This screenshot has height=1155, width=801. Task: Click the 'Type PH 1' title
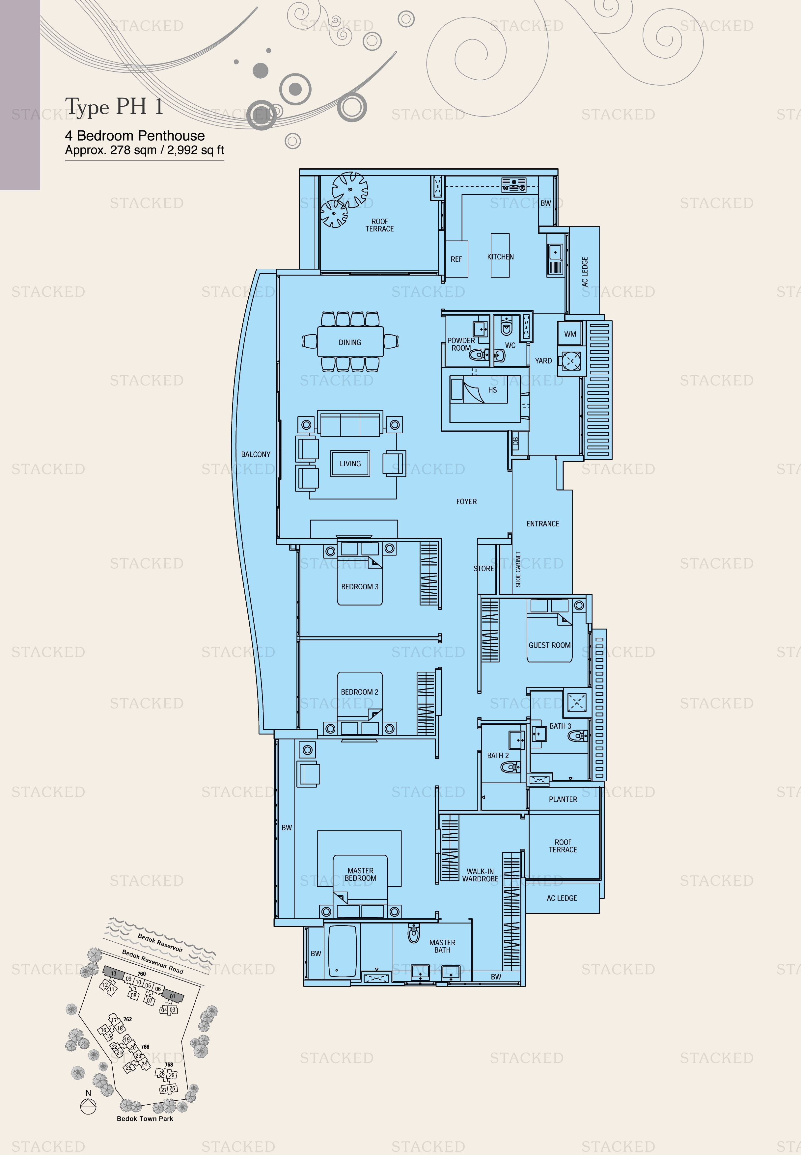(x=114, y=106)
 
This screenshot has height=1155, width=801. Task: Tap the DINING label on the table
(x=350, y=342)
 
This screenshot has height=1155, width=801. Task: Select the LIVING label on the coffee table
(x=350, y=464)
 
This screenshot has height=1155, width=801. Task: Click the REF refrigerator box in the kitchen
(x=456, y=259)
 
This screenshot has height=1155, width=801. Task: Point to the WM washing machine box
(x=570, y=334)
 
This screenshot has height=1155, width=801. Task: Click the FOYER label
(x=466, y=501)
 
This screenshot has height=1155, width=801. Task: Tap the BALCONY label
(x=256, y=454)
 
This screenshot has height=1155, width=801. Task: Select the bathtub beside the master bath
(x=342, y=951)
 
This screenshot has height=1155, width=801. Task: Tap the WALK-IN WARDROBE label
(x=480, y=875)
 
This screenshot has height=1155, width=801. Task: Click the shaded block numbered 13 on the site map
(x=113, y=973)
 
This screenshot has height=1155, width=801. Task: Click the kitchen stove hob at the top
(x=514, y=185)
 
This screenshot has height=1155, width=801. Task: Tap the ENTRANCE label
(x=542, y=523)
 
